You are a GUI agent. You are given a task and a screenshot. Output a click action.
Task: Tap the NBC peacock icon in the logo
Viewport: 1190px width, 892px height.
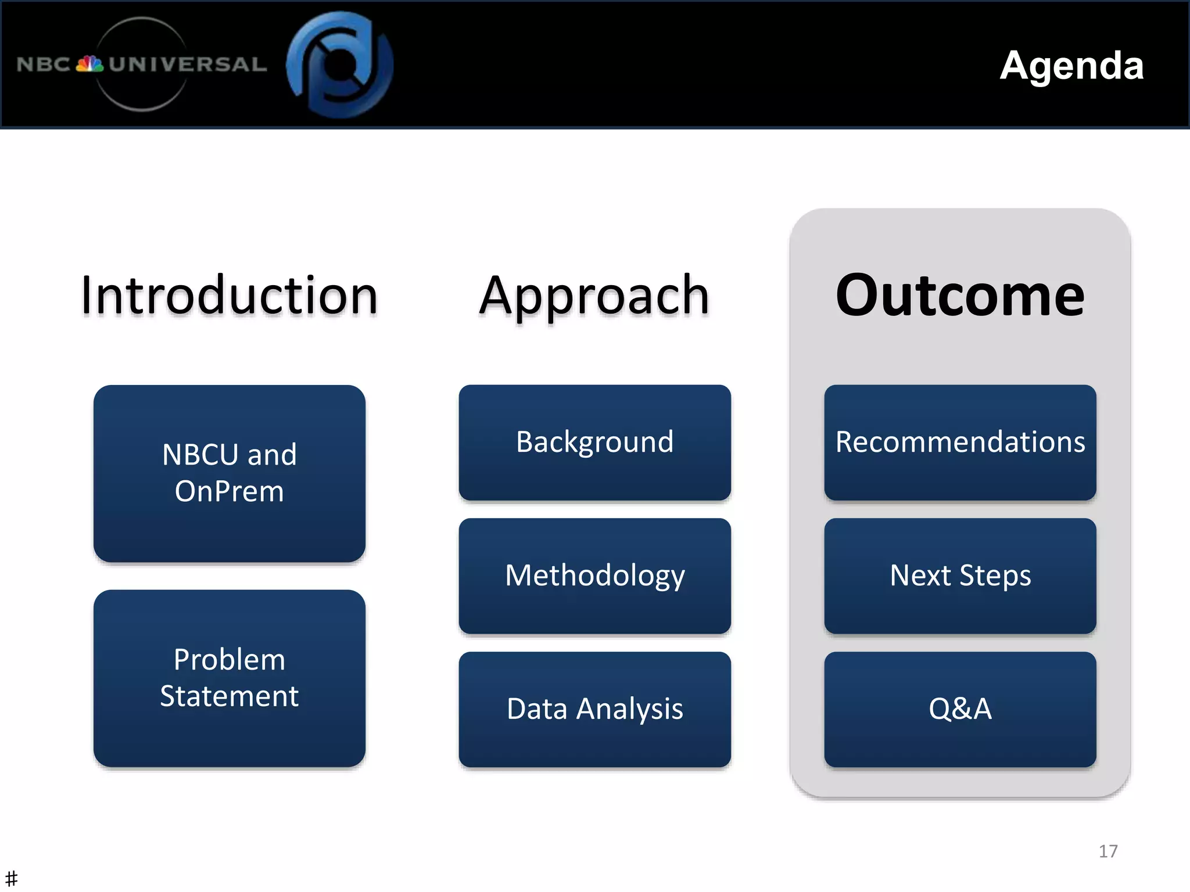89,63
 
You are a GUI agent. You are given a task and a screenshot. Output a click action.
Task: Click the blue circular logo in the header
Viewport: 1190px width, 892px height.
340,64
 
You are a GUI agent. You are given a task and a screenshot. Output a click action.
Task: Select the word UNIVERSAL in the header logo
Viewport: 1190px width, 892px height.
188,64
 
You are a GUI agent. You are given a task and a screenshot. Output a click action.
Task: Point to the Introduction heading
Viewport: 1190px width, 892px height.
230,296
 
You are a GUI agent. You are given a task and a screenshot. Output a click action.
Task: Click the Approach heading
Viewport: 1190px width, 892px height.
594,296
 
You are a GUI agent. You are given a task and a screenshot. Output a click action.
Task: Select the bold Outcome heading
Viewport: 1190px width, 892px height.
960,296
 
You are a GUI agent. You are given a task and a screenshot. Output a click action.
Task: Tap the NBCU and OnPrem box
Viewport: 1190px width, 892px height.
230,473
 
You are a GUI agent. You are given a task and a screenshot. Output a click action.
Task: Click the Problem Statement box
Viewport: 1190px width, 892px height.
230,678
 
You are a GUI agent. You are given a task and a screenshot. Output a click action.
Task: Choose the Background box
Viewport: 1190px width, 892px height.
594,442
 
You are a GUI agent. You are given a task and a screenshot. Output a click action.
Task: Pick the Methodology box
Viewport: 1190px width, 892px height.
594,576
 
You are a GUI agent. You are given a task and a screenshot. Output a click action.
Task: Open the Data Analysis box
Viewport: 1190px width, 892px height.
594,709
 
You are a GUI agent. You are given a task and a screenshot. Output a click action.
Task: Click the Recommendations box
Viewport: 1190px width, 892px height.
960,442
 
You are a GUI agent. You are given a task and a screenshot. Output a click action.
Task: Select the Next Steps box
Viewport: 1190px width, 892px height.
960,576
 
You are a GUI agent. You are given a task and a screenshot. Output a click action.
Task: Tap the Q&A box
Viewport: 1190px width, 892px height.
960,709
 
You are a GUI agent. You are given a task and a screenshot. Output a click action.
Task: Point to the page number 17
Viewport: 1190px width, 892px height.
1108,851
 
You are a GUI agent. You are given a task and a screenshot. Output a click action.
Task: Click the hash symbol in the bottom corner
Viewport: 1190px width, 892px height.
11,878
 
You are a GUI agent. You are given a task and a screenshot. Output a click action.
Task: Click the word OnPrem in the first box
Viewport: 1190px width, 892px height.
230,491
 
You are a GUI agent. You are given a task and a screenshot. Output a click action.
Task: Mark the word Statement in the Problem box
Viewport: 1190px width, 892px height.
230,696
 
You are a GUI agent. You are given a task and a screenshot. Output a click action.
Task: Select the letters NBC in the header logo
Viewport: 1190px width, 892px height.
44,64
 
